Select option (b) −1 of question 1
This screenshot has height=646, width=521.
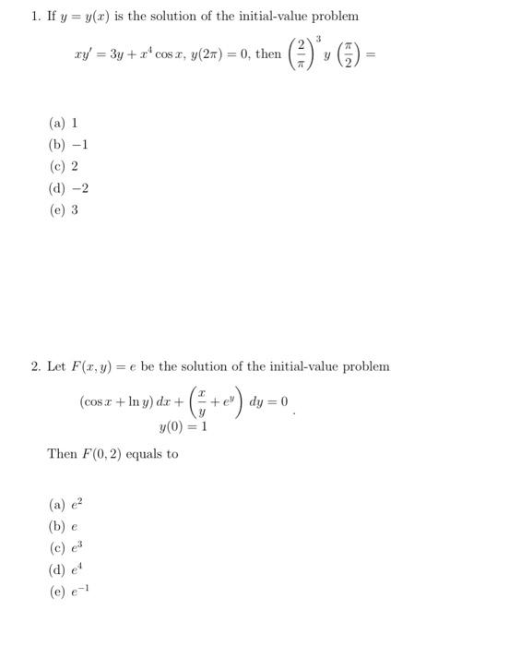pyautogui.click(x=67, y=144)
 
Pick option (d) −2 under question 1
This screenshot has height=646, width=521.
pyautogui.click(x=67, y=188)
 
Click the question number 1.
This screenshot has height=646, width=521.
pyautogui.click(x=34, y=17)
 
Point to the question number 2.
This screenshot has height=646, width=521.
pyautogui.click(x=34, y=366)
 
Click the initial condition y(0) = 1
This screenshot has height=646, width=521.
pyautogui.click(x=183, y=426)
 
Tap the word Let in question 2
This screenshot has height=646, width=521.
pyautogui.click(x=56, y=366)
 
